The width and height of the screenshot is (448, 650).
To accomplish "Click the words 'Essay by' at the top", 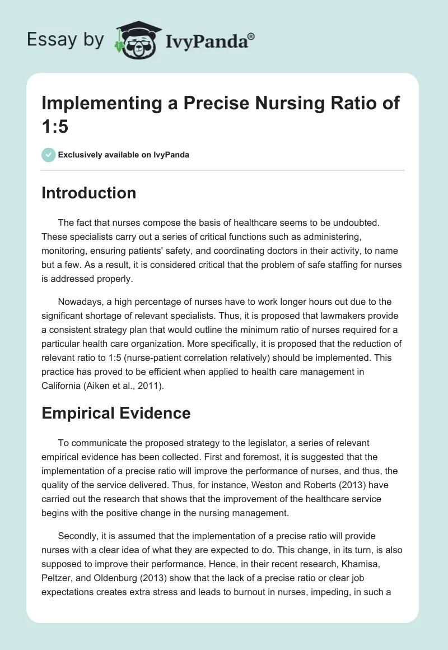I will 66,40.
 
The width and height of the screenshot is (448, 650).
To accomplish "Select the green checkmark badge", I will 49,155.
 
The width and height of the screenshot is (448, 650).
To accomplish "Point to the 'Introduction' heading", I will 89,193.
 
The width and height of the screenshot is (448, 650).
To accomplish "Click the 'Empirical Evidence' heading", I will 116,413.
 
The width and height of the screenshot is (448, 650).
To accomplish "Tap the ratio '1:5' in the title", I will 55,127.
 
